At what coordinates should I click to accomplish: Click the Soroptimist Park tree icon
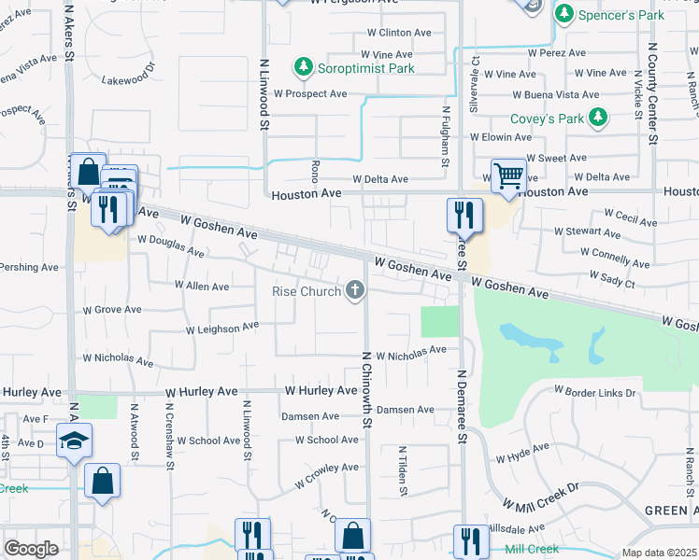[303, 66]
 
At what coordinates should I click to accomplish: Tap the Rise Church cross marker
[354, 290]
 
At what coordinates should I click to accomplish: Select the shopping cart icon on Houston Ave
[508, 175]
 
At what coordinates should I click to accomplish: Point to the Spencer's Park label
[621, 14]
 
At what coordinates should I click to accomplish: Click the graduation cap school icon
[74, 442]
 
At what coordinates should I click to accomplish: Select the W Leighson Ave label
[221, 328]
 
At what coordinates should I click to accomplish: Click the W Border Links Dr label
[594, 391]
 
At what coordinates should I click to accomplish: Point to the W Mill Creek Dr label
[541, 497]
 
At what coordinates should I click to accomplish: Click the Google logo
[31, 549]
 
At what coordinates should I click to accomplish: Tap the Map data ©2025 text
[660, 553]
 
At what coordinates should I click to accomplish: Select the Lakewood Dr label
[126, 79]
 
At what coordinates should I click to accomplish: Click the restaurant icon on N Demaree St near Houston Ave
[464, 216]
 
